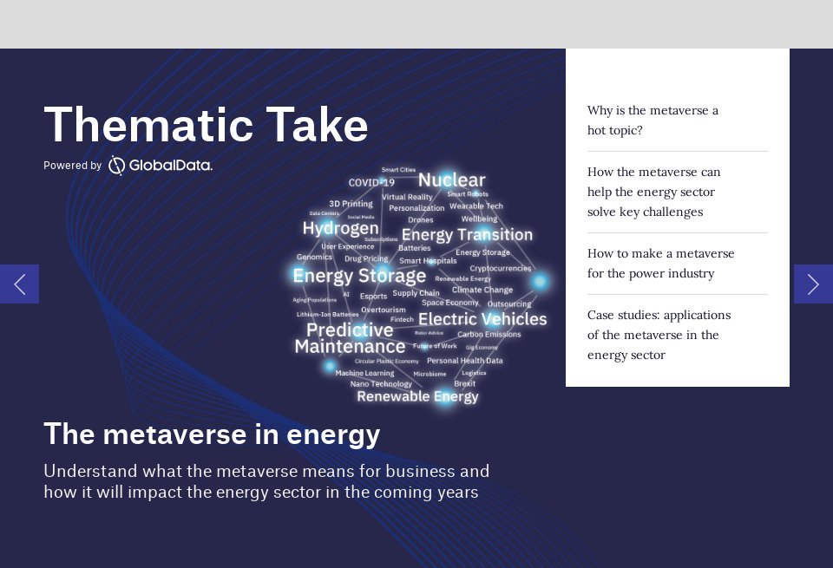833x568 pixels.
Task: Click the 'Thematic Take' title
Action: [206, 125]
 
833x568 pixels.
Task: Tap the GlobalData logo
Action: [161, 165]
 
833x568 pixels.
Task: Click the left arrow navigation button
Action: [19, 284]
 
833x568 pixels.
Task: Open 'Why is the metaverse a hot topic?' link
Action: [653, 121]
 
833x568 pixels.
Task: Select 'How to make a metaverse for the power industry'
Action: [660, 264]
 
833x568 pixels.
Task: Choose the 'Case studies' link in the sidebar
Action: [659, 335]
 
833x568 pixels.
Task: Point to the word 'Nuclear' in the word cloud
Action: [451, 180]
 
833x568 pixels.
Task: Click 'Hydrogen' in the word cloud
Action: [340, 228]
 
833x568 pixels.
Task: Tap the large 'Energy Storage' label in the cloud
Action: [359, 276]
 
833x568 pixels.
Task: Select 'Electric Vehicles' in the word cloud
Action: [482, 319]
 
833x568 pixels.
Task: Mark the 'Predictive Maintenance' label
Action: [350, 338]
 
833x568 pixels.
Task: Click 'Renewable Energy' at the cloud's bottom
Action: [417, 396]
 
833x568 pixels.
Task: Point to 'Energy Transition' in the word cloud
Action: [467, 235]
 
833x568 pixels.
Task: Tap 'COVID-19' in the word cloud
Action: [371, 183]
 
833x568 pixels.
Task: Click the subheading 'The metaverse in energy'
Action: [212, 434]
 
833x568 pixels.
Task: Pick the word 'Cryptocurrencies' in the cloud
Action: [501, 269]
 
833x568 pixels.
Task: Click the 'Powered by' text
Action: [73, 166]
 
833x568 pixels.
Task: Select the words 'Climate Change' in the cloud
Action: [482, 290]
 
